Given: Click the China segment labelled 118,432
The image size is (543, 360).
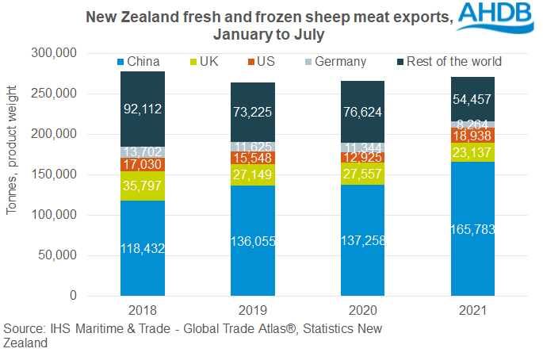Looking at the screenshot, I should [x=143, y=247].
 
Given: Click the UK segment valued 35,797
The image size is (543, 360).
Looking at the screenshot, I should [x=143, y=186].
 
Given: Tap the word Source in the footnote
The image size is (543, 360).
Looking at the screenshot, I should [x=23, y=328].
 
